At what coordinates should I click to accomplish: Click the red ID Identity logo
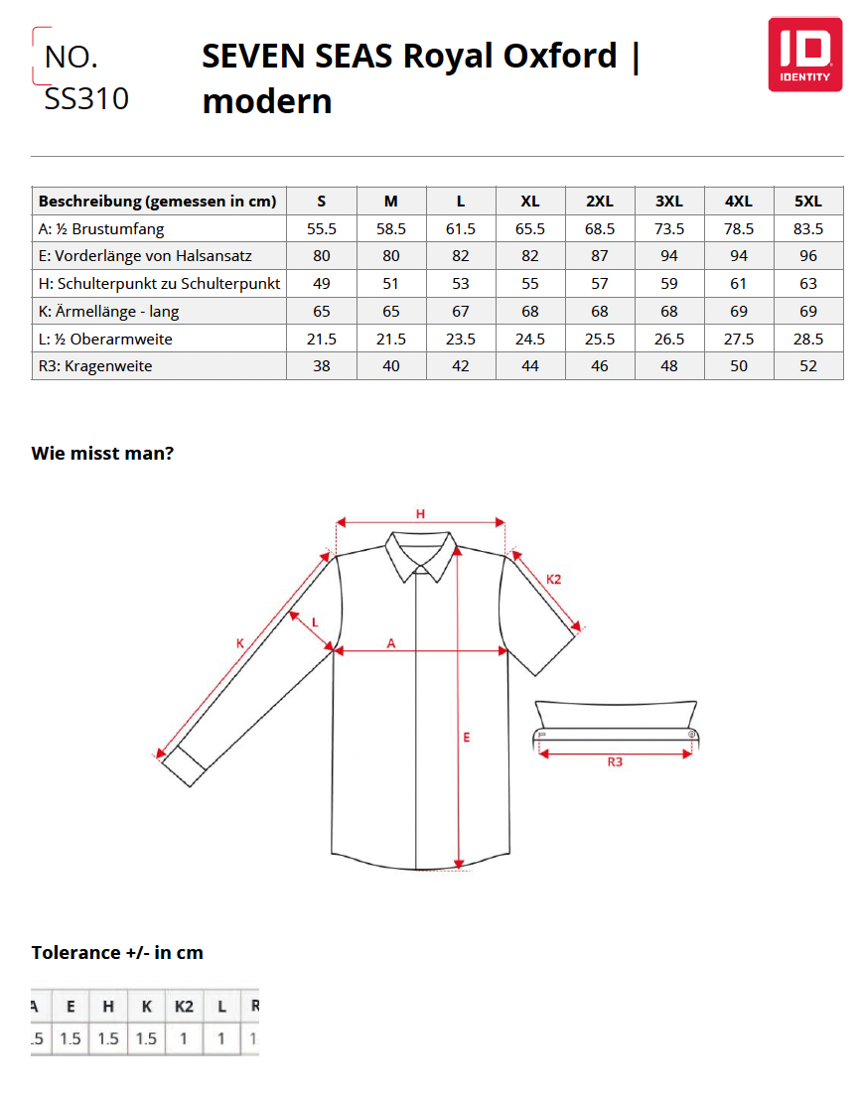[804, 55]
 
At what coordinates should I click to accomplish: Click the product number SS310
[86, 99]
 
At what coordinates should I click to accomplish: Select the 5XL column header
[808, 201]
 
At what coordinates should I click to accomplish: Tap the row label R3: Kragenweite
[95, 366]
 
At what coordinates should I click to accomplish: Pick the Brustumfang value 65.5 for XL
[530, 228]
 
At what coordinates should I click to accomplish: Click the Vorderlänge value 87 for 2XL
[600, 256]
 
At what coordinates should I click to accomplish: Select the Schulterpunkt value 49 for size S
[322, 284]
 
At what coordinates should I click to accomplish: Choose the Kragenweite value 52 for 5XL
[808, 366]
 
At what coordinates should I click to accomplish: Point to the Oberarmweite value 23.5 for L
[461, 339]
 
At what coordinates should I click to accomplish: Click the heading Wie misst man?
[103, 454]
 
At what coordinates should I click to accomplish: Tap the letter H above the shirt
[420, 513]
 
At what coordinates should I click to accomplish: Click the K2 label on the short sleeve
[554, 579]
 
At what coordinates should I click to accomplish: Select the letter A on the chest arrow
[391, 643]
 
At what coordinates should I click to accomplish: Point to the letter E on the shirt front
[466, 737]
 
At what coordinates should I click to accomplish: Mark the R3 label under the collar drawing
[615, 762]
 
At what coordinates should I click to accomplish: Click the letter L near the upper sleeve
[315, 621]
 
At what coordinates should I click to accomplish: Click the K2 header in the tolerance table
[184, 1007]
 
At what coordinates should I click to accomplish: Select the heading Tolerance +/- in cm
[117, 953]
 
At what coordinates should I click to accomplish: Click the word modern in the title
[267, 101]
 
